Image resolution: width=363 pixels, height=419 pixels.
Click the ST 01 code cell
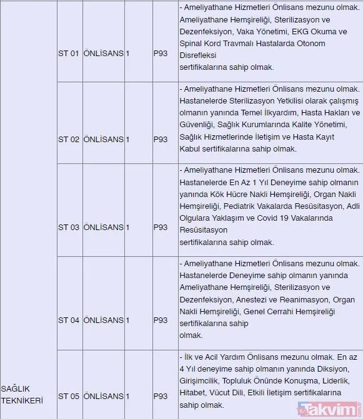[69, 54]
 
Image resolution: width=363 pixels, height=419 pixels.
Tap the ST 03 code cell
[69, 228]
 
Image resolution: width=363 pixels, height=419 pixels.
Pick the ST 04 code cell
[69, 320]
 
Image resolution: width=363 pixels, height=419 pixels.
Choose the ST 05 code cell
[69, 396]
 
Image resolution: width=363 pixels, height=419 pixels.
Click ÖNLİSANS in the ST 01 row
[103, 54]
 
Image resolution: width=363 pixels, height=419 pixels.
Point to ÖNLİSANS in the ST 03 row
[103, 228]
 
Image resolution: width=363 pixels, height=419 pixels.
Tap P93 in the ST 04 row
[161, 320]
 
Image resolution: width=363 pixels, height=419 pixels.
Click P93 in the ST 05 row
[161, 396]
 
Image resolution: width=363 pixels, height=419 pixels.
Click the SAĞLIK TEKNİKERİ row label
[22, 394]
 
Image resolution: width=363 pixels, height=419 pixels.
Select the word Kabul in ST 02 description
[191, 150]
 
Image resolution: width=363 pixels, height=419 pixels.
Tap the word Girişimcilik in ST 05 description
[201, 381]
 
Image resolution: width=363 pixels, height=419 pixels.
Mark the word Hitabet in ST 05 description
[192, 393]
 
